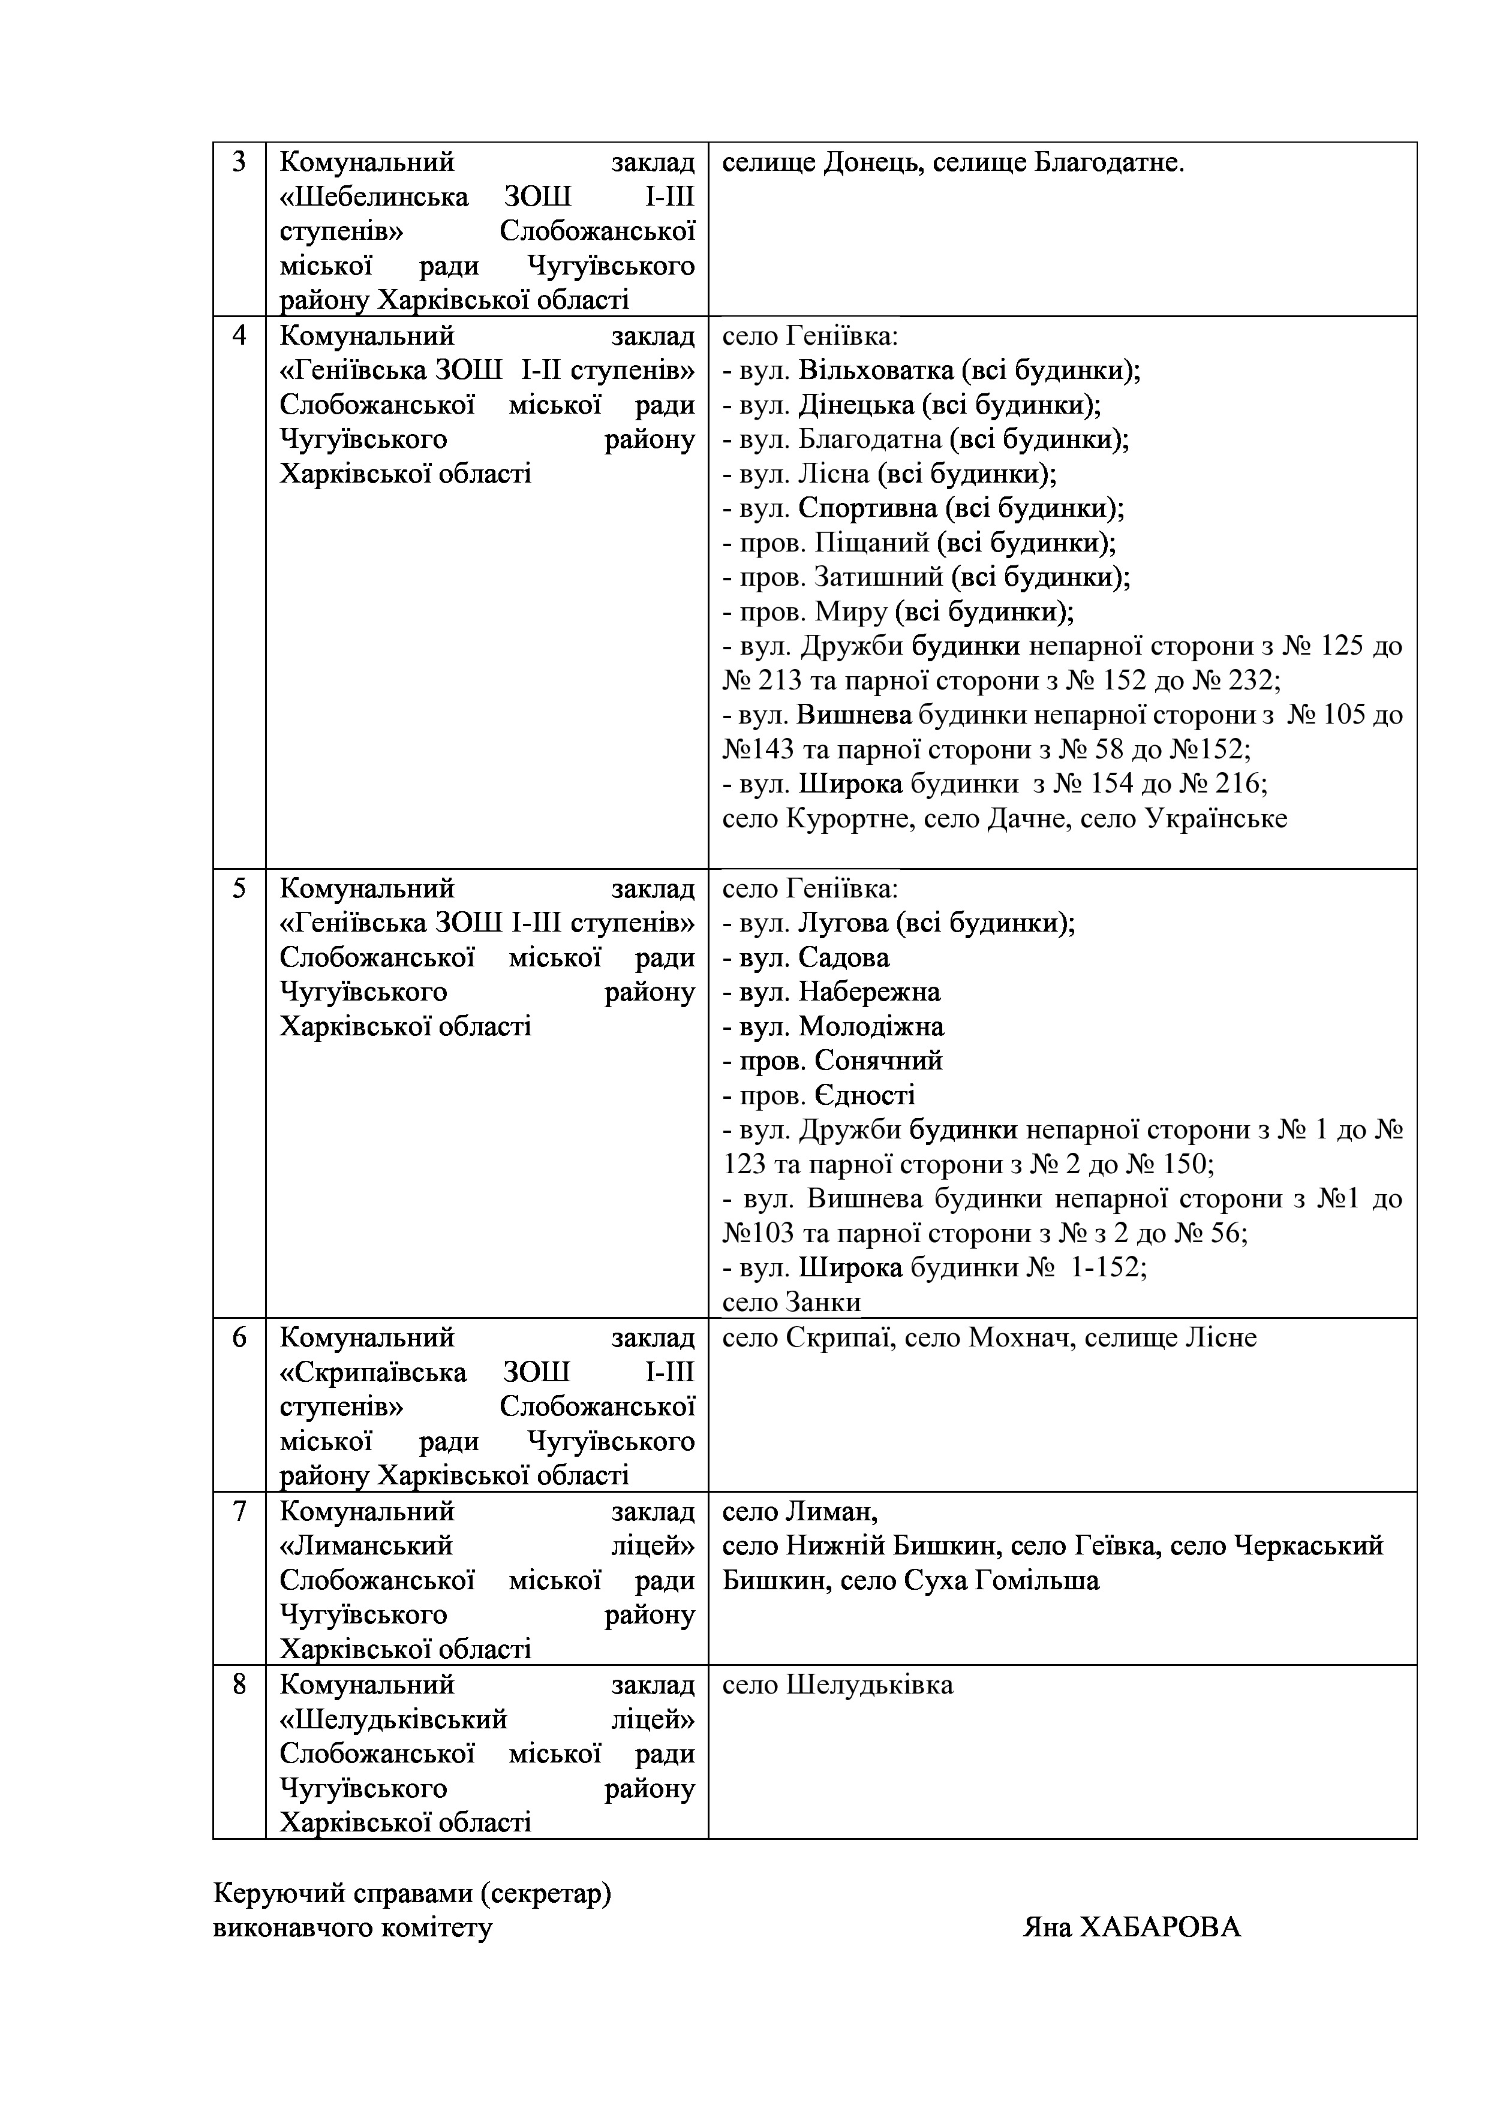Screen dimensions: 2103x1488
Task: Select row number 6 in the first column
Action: tap(239, 1338)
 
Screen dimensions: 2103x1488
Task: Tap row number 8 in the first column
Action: tap(239, 1685)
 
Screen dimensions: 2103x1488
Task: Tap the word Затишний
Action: tap(879, 577)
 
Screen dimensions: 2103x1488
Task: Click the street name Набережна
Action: tap(868, 992)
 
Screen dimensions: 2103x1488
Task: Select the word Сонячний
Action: tap(878, 1060)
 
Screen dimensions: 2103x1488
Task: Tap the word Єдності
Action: tap(864, 1095)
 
